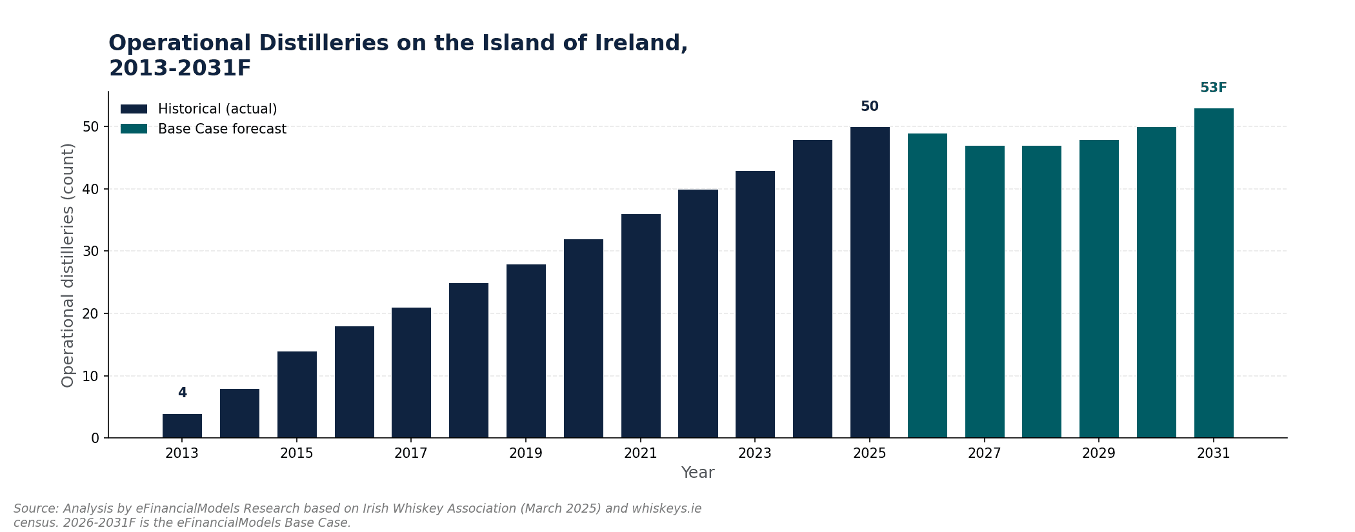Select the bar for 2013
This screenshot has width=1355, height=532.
182,426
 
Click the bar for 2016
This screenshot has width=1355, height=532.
354,382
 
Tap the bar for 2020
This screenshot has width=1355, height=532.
583,339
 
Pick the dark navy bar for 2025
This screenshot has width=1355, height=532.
870,282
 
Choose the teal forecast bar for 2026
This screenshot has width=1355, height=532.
927,286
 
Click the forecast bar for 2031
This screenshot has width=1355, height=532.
1214,273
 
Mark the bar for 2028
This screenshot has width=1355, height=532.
1041,291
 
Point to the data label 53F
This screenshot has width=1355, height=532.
1214,88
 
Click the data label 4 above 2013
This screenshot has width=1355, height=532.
182,393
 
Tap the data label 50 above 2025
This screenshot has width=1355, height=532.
870,106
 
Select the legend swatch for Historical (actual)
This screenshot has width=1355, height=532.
134,109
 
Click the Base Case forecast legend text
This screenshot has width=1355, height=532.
222,129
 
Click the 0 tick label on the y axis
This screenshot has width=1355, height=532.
95,438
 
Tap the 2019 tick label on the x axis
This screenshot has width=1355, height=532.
526,453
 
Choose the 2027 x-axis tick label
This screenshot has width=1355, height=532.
985,453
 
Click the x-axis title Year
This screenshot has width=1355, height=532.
698,473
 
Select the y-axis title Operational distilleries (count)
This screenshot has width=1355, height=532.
68,265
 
